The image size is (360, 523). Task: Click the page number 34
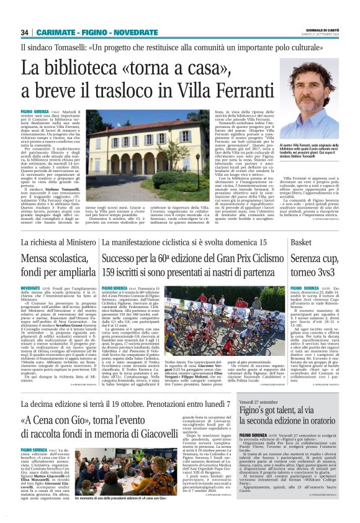[x=25, y=32]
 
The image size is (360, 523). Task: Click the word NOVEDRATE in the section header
[x=136, y=32]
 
